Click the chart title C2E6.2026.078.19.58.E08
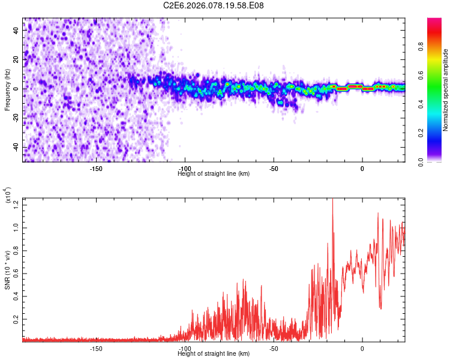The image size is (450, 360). [x=214, y=6]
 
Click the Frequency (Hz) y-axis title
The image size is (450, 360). [x=8, y=89]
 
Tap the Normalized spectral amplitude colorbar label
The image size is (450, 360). [x=446, y=90]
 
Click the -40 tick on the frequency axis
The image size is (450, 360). [x=17, y=148]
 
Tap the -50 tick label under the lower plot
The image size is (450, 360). [x=273, y=349]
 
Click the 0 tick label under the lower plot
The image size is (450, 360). [x=362, y=349]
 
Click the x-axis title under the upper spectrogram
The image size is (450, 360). [x=214, y=174]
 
